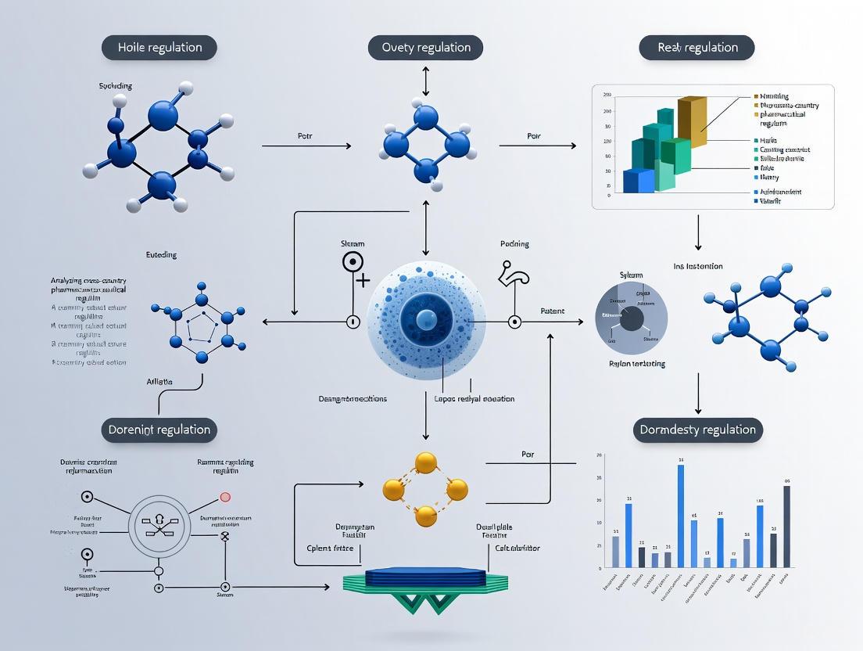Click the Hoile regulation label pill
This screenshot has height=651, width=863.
(159, 48)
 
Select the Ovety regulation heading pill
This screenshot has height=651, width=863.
(425, 48)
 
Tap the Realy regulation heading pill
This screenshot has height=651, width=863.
(697, 48)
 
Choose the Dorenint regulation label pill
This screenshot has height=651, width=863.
(159, 430)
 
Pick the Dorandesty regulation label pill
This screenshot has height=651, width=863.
(697, 430)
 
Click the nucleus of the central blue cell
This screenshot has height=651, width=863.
(426, 319)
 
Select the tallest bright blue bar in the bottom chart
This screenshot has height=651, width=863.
(681, 516)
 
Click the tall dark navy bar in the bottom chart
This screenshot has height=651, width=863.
(786, 526)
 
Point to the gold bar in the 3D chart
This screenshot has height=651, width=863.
(693, 121)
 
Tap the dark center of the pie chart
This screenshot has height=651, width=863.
(632, 318)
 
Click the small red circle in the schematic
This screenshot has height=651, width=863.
(225, 496)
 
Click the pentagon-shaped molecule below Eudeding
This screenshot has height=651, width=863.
(202, 327)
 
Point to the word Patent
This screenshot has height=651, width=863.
(553, 311)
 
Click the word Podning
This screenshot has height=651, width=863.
(514, 244)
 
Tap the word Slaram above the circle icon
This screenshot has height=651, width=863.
(353, 244)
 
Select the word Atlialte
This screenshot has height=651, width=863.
(159, 381)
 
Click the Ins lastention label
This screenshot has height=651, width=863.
(698, 267)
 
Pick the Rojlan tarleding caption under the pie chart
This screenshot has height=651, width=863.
(636, 364)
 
